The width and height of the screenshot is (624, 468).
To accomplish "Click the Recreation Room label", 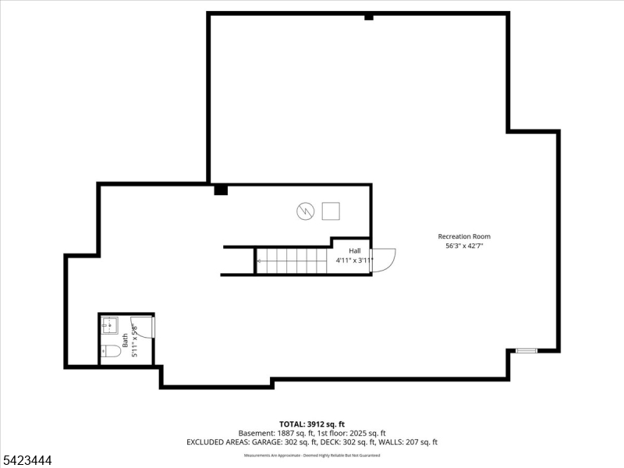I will [x=464, y=236].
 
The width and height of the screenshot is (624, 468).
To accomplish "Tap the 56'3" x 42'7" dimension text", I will [x=464, y=246].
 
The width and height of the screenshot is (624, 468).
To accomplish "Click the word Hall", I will [x=354, y=250].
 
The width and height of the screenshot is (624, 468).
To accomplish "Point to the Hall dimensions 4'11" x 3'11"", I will [x=354, y=260].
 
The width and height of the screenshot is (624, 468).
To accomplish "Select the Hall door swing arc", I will [x=385, y=260].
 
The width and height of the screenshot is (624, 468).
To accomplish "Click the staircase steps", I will [x=291, y=261].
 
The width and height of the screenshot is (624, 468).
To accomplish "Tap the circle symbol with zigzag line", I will [x=305, y=211].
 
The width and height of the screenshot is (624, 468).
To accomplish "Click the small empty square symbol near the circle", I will [x=331, y=211].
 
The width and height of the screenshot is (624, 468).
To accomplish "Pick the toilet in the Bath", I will [x=111, y=351].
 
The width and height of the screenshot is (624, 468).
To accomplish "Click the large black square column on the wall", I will [x=221, y=189].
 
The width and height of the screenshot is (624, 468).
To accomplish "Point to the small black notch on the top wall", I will [x=369, y=16].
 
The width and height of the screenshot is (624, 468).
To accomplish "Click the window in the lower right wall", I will [x=526, y=351].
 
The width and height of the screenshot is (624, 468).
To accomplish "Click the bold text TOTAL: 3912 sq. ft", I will [x=312, y=424].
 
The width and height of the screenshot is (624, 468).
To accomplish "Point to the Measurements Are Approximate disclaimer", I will [x=312, y=455].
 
